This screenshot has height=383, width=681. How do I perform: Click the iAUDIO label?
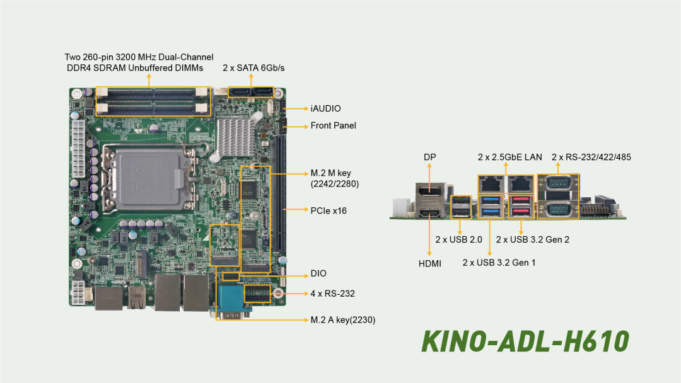(x=325, y=109)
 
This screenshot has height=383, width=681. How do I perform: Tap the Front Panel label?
(x=333, y=126)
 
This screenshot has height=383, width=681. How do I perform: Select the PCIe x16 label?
(x=329, y=210)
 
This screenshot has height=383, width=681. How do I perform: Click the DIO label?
(x=318, y=274)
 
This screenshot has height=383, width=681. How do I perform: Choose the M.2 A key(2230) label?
(x=343, y=320)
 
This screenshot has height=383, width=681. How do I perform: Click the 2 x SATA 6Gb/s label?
(x=253, y=67)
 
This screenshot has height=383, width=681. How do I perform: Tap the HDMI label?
(x=430, y=263)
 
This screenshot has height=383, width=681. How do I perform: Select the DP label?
(x=429, y=157)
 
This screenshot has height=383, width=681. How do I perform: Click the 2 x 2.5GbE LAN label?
(x=509, y=157)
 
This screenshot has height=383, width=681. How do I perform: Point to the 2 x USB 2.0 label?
(x=458, y=239)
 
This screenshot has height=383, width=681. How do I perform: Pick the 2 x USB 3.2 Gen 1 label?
(x=499, y=262)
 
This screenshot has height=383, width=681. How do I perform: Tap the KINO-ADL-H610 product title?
(x=525, y=341)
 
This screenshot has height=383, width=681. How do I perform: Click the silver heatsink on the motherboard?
(x=235, y=133)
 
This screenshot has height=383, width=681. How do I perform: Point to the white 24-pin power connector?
(x=78, y=149)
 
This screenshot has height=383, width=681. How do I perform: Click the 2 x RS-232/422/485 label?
(x=591, y=157)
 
